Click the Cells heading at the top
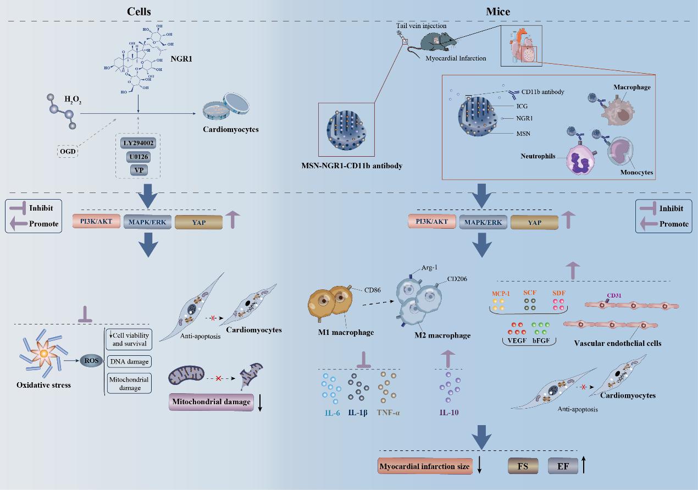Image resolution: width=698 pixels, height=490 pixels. pos(139,12)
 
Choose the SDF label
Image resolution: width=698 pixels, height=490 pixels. pos(559,293)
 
